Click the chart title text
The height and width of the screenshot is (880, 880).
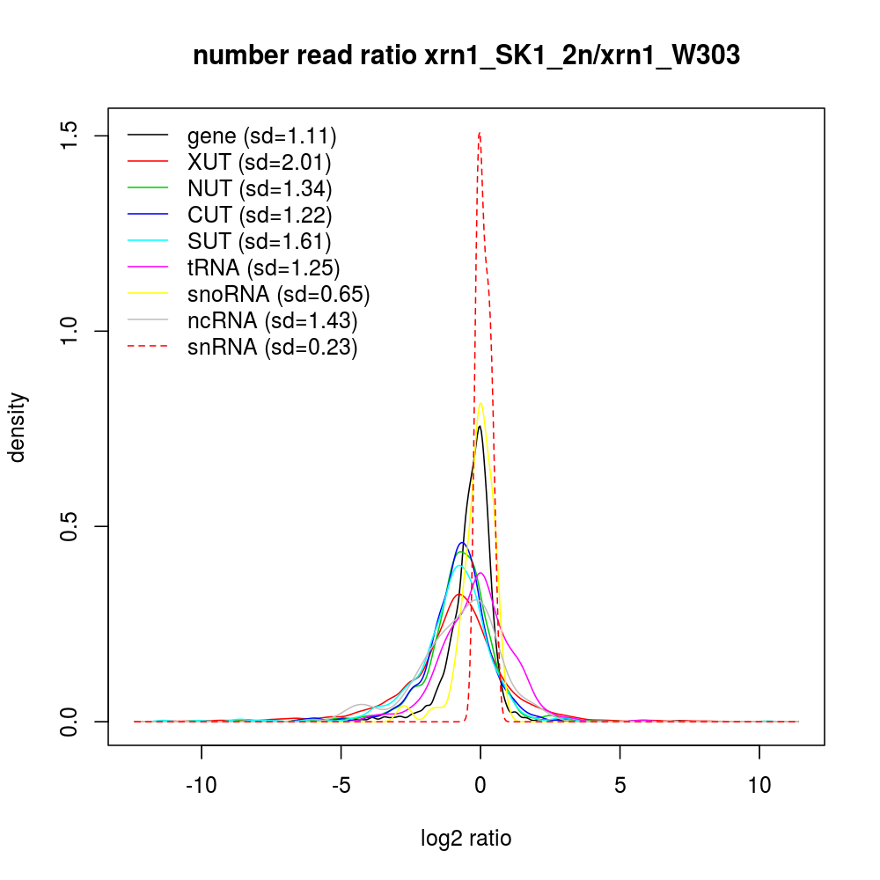point(466,56)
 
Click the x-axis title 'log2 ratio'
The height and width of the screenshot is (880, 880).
point(466,839)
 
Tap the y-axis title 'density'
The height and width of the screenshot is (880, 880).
point(18,427)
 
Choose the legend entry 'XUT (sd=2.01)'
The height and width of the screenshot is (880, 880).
point(260,163)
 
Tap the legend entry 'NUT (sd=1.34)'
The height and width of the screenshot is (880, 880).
point(260,189)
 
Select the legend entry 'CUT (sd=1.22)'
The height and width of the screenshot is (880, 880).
point(260,216)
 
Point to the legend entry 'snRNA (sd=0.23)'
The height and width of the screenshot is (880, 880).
point(272,348)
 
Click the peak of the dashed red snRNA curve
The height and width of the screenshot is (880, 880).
point(479,133)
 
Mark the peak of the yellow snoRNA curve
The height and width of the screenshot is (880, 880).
point(480,403)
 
